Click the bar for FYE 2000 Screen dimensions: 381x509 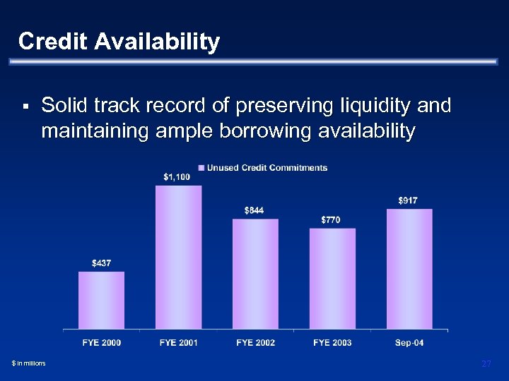tap(101, 300)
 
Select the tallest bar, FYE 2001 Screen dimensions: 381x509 tap(178, 257)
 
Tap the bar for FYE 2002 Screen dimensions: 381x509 tap(255, 274)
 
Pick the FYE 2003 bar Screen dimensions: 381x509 tap(332, 278)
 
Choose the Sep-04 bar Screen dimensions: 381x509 tap(409, 269)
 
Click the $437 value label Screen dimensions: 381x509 tap(101, 263)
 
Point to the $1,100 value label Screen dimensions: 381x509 tap(177, 177)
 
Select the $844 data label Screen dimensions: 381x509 tap(254, 210)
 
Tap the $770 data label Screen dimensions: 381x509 tap(330, 220)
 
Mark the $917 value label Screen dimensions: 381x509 tap(408, 200)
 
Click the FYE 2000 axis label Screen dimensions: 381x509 tap(102, 343)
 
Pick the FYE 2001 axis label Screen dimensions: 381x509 tap(179, 343)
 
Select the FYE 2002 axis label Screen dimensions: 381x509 tap(255, 343)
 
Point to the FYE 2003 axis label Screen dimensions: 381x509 tap(332, 343)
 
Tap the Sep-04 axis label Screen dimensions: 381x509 tap(409, 343)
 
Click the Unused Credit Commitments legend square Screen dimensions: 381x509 tap(201, 168)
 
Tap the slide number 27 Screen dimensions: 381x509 tap(486, 363)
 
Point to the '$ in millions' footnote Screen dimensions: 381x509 tap(28, 363)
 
